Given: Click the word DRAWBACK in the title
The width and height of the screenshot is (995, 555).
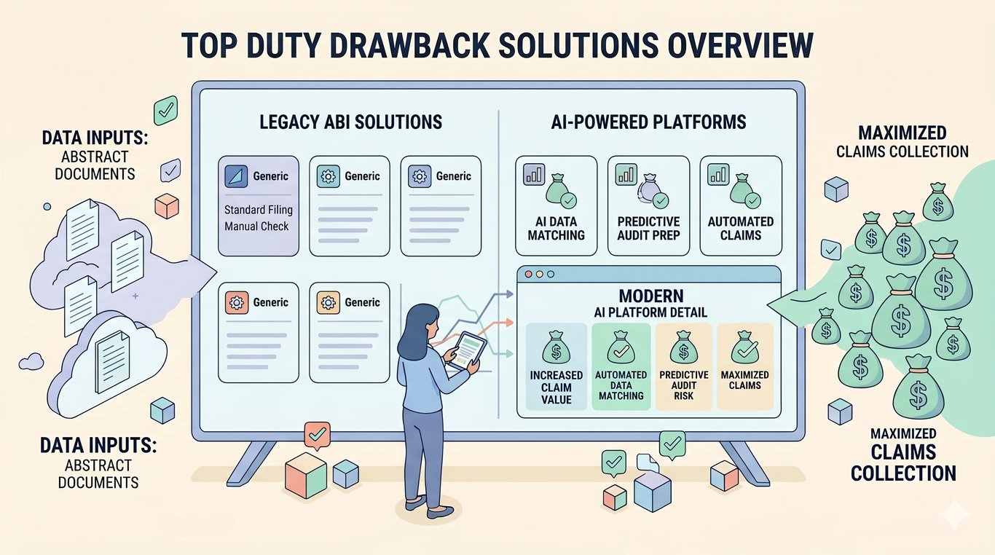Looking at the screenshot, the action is click(x=404, y=45).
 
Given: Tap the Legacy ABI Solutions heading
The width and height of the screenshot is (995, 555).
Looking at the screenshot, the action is click(x=350, y=122).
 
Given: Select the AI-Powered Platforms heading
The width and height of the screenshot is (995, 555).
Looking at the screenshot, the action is click(x=648, y=122).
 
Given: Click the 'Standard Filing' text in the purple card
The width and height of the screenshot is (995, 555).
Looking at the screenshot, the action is click(x=259, y=210).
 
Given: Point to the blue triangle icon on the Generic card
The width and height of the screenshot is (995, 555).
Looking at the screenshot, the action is click(x=236, y=176).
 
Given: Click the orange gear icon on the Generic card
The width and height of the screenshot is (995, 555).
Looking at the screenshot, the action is click(x=236, y=303).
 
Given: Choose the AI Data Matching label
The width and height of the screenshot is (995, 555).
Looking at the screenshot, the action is click(x=556, y=228).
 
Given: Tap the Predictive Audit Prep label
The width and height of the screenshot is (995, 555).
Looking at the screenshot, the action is click(x=648, y=228).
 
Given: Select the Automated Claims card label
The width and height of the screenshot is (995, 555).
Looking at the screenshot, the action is click(x=741, y=228).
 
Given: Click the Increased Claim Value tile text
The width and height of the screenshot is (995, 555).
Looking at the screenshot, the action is click(x=556, y=387).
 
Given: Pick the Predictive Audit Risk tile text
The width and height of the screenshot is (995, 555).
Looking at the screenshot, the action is click(x=684, y=385).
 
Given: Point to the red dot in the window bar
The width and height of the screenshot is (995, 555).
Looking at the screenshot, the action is click(x=529, y=275).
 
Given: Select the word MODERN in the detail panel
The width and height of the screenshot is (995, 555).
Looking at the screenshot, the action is click(x=651, y=296).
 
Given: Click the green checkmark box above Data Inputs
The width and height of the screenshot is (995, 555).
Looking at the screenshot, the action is click(x=165, y=110).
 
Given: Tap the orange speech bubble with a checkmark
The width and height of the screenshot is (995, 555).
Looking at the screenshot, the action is click(x=318, y=436).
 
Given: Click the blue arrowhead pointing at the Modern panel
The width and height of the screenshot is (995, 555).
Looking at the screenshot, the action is click(x=508, y=294).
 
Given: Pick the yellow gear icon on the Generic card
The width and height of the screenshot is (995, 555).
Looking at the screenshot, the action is click(x=329, y=303).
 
